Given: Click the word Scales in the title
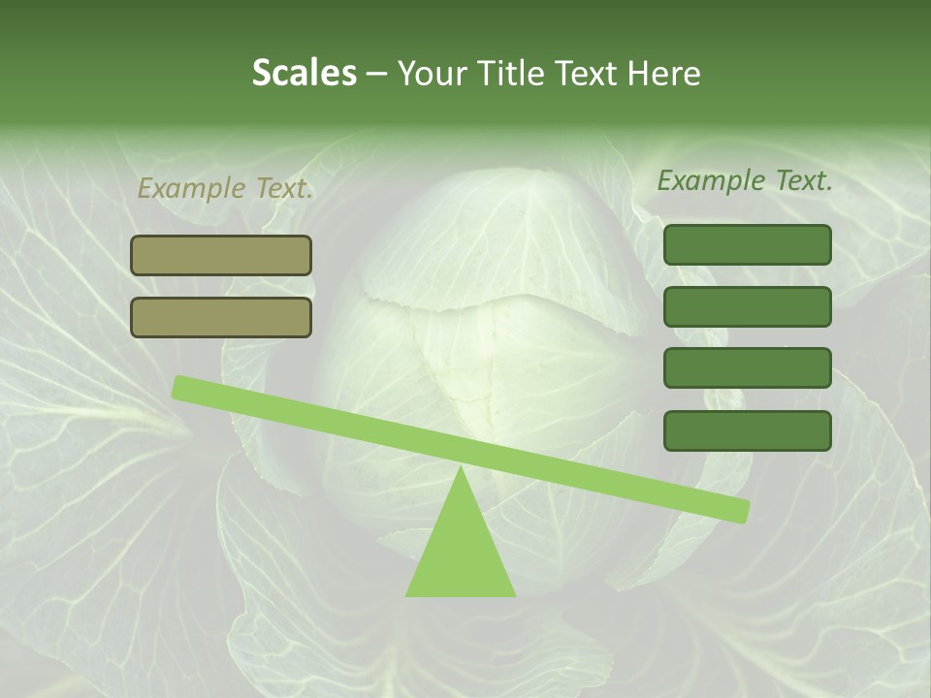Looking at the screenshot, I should click(304, 73).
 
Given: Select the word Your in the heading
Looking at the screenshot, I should click(433, 73).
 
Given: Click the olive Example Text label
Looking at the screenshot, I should click(225, 188).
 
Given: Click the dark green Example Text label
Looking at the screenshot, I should click(745, 180).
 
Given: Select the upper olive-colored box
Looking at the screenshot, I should click(221, 255).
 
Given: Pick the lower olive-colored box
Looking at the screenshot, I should click(221, 317).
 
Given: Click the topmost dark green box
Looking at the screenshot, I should click(747, 244).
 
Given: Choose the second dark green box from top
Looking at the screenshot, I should click(747, 306).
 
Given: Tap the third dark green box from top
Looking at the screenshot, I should click(747, 368).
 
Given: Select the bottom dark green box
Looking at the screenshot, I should click(747, 430).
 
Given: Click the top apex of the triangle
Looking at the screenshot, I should click(461, 469).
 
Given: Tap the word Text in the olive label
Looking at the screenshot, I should click(282, 188).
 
